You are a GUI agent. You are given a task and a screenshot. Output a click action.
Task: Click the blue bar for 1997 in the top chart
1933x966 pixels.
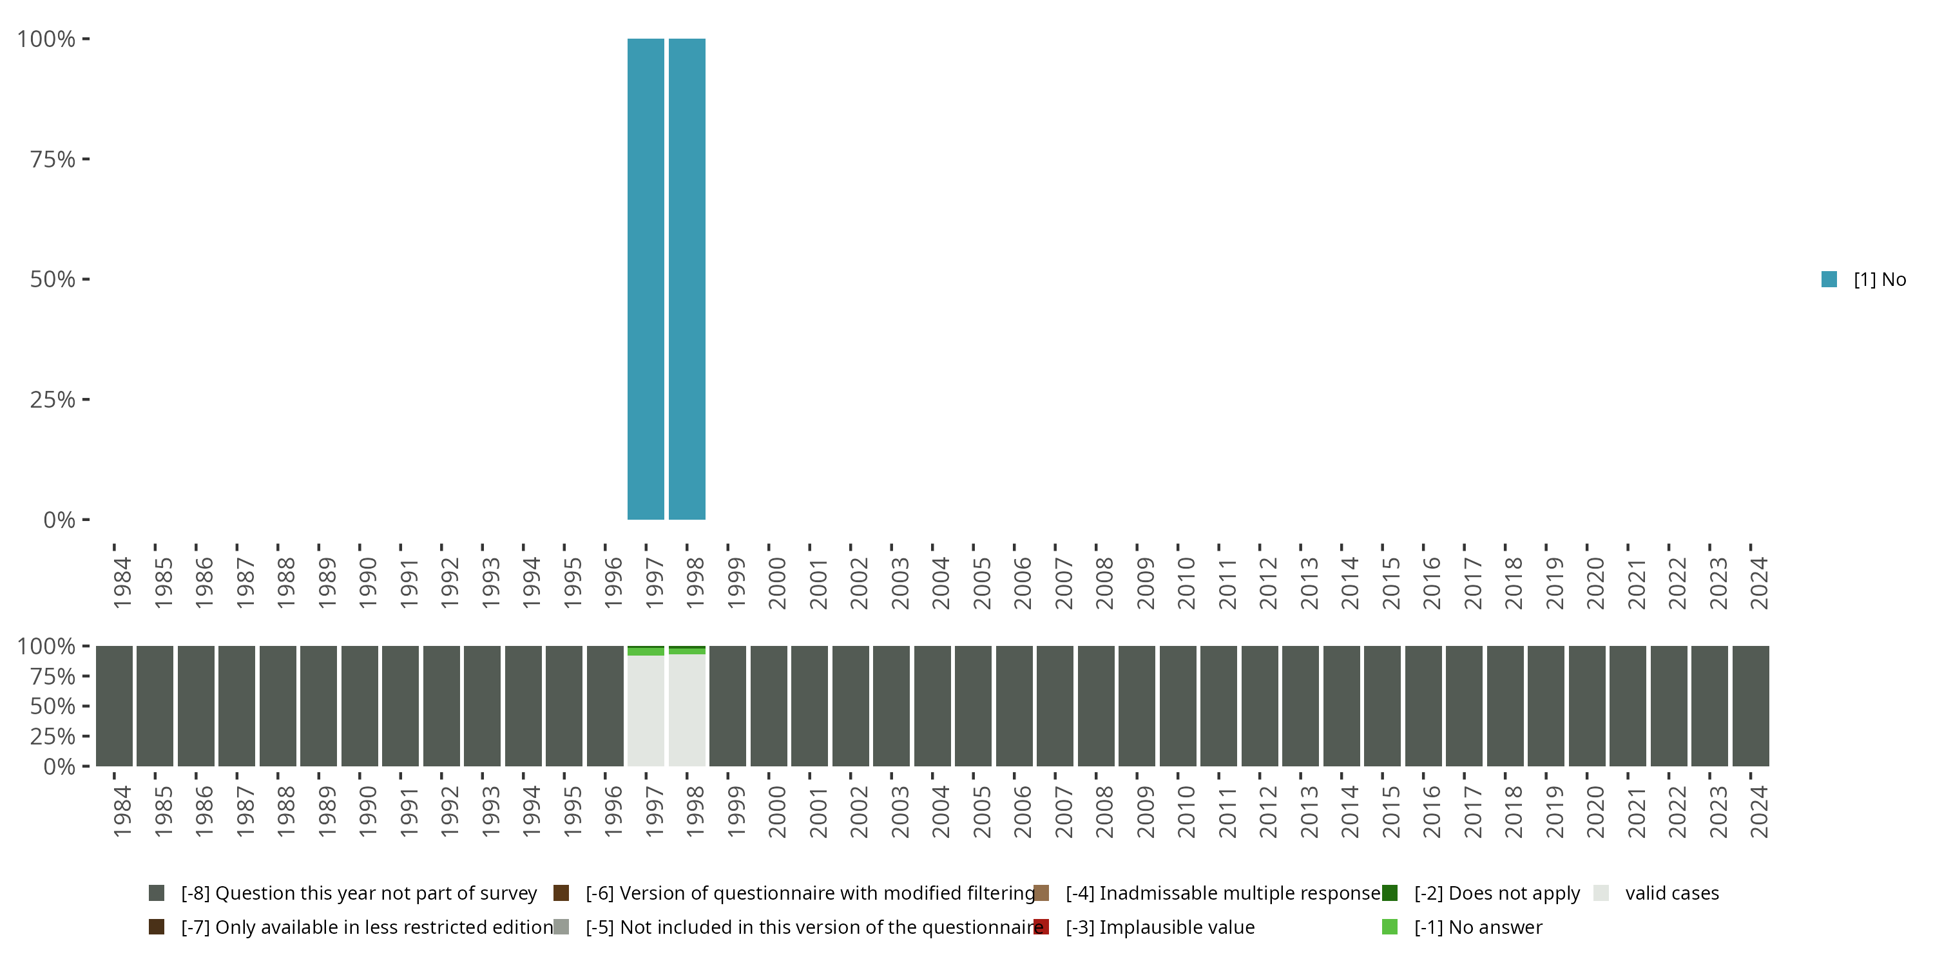coord(646,279)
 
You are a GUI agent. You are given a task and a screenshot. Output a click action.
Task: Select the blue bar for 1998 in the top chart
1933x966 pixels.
coord(687,279)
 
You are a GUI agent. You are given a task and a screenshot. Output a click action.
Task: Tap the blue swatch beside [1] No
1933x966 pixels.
coord(1829,279)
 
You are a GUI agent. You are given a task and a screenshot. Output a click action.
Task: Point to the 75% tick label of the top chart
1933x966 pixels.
coord(53,159)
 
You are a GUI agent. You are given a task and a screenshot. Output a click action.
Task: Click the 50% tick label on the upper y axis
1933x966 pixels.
coord(53,279)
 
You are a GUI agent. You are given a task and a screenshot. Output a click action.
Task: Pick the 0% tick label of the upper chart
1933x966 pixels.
coord(59,520)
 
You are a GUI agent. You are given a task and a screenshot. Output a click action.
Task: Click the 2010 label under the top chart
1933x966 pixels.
coord(1186,583)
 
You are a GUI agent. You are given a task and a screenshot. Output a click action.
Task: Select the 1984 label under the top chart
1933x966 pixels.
coord(122,583)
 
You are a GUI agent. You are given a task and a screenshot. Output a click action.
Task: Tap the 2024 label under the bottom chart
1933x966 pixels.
coord(1758,811)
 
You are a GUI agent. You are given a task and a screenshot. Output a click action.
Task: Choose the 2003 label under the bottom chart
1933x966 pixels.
coord(899,811)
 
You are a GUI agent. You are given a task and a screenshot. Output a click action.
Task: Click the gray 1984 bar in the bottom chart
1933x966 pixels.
coord(114,706)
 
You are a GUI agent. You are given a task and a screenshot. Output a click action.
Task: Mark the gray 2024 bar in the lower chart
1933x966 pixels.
coord(1751,706)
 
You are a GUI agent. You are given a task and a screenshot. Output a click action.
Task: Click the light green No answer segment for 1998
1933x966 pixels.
coord(687,651)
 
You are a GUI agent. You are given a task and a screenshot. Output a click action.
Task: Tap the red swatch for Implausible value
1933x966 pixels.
coord(1041,927)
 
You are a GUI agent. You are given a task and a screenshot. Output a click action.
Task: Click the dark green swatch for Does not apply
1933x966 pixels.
coord(1390,893)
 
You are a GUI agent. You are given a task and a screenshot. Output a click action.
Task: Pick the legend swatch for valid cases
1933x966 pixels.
coord(1601,893)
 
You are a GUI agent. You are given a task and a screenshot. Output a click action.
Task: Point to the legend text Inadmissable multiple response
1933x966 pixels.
coord(1223,893)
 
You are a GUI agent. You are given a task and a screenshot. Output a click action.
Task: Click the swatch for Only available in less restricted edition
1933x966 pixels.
coord(156,927)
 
